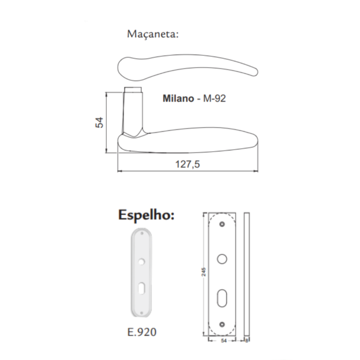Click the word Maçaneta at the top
(x=153, y=34)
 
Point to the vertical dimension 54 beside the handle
(x=100, y=122)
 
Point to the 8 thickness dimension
(x=247, y=340)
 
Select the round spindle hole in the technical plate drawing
(x=222, y=259)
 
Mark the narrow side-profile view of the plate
(x=247, y=274)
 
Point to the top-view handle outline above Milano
(x=186, y=66)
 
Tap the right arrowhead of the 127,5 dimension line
(x=256, y=171)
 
